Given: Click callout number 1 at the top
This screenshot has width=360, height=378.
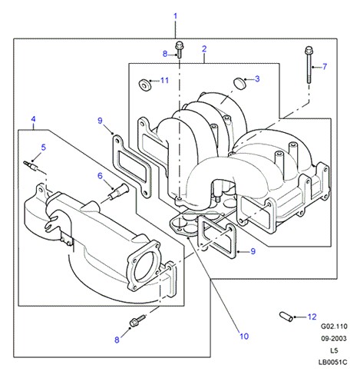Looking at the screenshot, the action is (175, 16).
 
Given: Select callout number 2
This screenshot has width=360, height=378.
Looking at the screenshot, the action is (204, 49).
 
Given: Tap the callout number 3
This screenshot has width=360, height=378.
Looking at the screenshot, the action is (257, 79).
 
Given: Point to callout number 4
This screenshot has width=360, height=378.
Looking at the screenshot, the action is (33, 119).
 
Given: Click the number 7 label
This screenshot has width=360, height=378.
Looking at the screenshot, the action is (325, 67).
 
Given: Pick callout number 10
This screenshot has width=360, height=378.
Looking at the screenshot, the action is (244, 336).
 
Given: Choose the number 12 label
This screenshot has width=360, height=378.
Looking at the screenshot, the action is (312, 317).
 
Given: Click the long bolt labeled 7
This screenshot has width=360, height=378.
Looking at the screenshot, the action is (309, 65).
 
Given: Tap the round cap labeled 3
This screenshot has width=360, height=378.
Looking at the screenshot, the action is (239, 83).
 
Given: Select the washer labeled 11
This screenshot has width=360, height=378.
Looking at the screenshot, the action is (144, 85).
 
